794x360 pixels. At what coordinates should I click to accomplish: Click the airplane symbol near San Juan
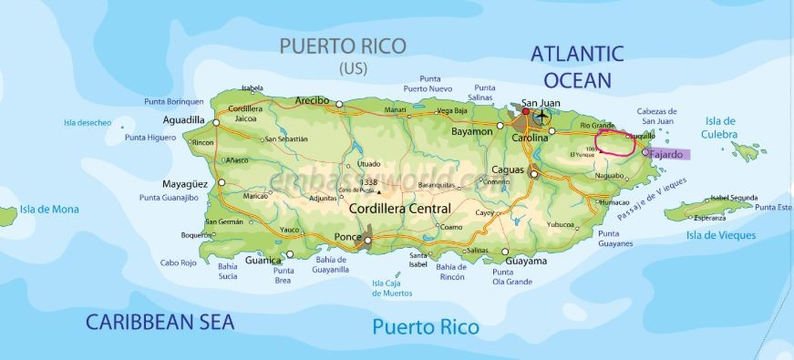(543, 117)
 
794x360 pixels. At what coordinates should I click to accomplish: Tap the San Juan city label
(541, 103)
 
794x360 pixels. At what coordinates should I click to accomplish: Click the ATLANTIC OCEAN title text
(578, 66)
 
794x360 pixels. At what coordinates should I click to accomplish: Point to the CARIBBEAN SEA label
(160, 322)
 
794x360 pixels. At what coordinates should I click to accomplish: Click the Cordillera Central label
(400, 209)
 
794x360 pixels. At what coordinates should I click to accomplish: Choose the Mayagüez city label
(185, 182)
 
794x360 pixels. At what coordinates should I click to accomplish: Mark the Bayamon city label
(472, 132)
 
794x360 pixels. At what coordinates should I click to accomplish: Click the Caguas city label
(507, 170)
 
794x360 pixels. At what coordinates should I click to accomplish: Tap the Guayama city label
(526, 261)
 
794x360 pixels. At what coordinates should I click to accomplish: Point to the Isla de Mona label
(52, 209)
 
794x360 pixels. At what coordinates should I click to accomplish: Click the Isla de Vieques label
(720, 236)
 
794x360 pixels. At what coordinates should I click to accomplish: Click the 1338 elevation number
(369, 183)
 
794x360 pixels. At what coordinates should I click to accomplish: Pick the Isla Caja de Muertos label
(392, 288)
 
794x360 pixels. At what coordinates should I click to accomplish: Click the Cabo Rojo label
(179, 262)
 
